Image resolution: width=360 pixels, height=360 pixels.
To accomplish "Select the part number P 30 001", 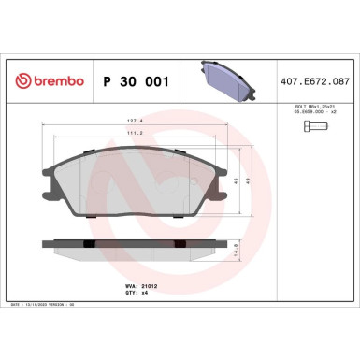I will coord(134,81).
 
